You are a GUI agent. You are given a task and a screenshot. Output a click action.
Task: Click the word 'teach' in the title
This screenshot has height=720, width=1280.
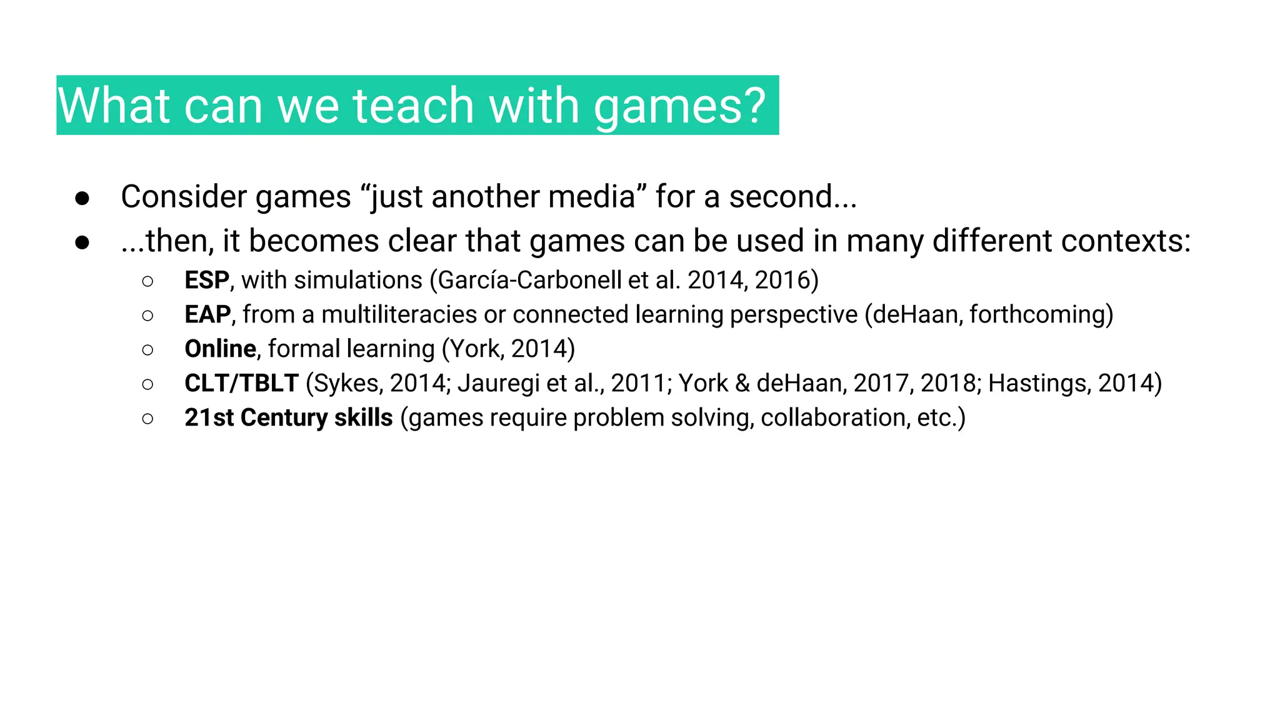[413, 106]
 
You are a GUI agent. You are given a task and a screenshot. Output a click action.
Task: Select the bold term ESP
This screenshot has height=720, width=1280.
[207, 280]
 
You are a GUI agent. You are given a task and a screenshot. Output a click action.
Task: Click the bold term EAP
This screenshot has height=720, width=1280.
[207, 314]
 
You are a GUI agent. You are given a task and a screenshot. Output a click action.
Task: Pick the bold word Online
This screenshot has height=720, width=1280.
[220, 349]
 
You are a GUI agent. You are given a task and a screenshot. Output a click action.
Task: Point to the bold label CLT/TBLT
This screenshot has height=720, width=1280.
[241, 383]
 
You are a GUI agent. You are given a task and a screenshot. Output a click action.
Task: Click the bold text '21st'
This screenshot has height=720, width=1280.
[209, 417]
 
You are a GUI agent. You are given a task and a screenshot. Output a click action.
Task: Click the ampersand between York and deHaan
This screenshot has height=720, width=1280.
[742, 383]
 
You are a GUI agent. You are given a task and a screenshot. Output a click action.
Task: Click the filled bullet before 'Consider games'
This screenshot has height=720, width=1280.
[82, 198]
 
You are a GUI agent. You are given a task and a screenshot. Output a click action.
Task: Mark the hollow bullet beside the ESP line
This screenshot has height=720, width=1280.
[147, 282]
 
